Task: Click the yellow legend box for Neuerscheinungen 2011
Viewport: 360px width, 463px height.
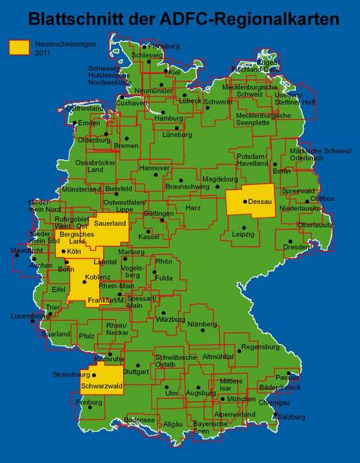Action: coord(19,47)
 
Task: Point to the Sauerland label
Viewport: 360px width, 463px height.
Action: coord(110,224)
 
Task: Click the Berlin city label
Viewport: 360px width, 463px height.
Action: coord(282,171)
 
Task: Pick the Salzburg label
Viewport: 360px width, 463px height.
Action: coord(312,416)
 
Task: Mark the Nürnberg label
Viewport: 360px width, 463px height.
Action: coord(202,324)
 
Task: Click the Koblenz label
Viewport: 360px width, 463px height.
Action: coord(98,277)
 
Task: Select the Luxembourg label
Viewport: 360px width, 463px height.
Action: coord(29,316)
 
